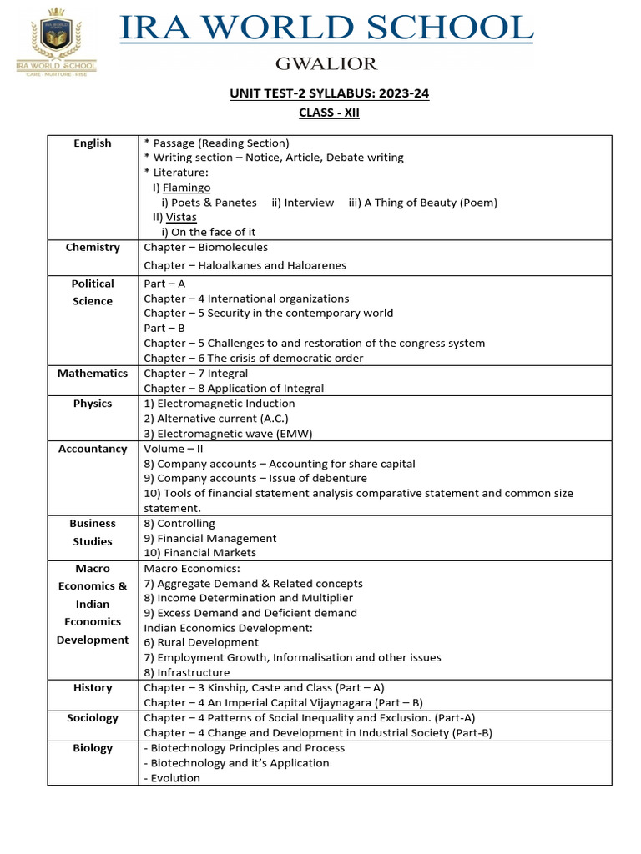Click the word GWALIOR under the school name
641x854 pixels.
pos(327,64)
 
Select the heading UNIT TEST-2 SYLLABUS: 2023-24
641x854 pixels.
pos(330,93)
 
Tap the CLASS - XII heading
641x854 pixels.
pos(330,113)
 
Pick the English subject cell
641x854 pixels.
pos(93,143)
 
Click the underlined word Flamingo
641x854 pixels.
pos(187,188)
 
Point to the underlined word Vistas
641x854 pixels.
pos(181,217)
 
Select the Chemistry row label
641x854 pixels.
pos(93,248)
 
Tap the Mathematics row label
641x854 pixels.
pos(93,374)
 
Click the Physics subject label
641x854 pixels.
pos(93,404)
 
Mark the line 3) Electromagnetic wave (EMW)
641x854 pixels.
pos(228,433)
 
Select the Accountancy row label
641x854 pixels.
pos(93,449)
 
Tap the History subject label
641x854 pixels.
pos(93,688)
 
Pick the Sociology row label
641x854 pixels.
pos(93,718)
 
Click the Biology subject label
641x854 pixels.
pos(93,748)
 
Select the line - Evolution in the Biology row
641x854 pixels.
pos(172,778)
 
